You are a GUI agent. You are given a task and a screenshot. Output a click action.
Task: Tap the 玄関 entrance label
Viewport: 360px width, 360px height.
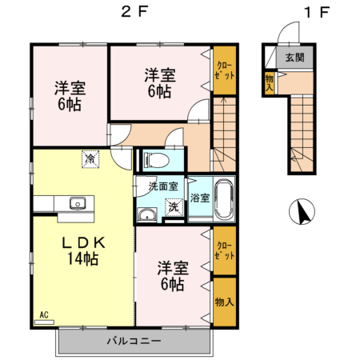pos(295,58)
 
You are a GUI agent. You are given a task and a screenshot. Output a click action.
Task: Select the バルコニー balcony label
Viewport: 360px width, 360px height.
pos(134,342)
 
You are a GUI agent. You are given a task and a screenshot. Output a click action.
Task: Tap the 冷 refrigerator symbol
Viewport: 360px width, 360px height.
pos(90,160)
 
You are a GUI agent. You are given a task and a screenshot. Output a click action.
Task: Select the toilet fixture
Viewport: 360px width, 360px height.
pos(153,160)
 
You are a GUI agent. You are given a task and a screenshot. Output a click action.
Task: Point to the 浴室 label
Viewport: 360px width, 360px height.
pos(200,198)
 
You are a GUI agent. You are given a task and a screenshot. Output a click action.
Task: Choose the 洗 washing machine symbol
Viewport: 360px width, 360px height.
pos(171,206)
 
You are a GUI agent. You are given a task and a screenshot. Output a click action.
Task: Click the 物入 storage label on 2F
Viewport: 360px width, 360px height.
pos(224,302)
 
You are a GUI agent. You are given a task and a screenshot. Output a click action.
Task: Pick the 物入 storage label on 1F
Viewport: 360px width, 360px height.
pos(270,82)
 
